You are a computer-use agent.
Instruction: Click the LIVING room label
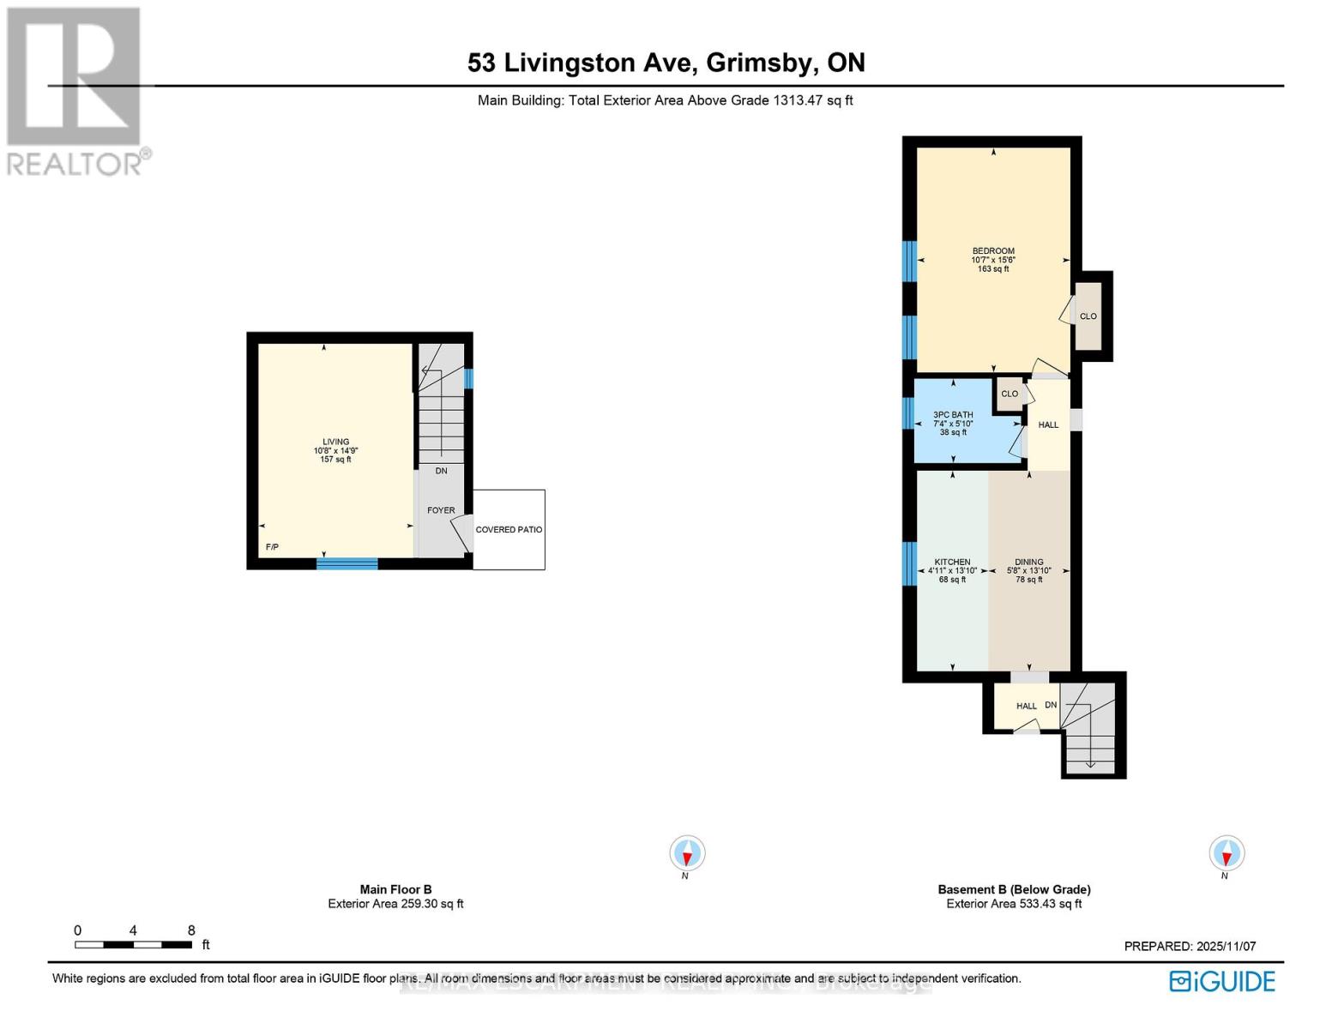click(x=335, y=442)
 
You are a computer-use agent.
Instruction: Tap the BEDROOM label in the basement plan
click(x=993, y=251)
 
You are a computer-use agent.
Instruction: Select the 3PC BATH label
click(x=953, y=415)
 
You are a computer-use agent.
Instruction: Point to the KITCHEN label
click(x=952, y=563)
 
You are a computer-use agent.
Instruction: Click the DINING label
click(x=1028, y=563)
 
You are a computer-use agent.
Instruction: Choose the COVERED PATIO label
click(x=509, y=530)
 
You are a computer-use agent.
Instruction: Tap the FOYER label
click(x=441, y=510)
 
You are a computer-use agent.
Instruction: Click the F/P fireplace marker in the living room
click(x=272, y=547)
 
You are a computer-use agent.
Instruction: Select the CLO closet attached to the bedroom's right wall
click(x=1088, y=316)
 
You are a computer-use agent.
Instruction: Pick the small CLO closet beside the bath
click(x=1010, y=394)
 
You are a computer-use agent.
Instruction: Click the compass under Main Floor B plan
click(x=687, y=853)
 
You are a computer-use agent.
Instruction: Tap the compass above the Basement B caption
click(x=1227, y=853)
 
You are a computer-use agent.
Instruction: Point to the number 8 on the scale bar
click(x=191, y=930)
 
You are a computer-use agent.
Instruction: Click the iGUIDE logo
click(x=1222, y=981)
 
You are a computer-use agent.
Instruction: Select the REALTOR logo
click(x=75, y=90)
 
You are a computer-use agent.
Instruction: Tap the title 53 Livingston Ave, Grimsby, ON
click(x=666, y=63)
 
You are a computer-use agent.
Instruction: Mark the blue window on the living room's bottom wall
click(x=347, y=563)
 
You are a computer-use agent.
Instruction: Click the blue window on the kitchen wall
click(x=909, y=563)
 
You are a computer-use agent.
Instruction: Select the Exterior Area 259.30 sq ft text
click(x=395, y=904)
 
